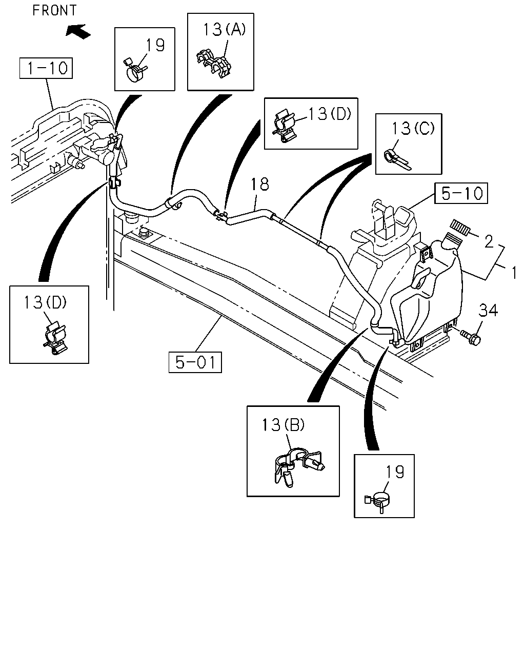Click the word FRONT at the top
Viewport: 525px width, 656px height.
(54, 11)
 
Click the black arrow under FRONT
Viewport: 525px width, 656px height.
(78, 32)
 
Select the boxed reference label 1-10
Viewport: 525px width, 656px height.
(46, 68)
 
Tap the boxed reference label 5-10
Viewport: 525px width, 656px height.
(461, 193)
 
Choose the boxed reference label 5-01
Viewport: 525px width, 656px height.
(195, 362)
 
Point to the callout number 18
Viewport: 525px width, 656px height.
(259, 184)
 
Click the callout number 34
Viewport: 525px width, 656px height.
(488, 311)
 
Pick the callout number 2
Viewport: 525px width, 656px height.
(489, 241)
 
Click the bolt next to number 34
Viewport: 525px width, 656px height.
(470, 338)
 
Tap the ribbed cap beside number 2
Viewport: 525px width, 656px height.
(460, 228)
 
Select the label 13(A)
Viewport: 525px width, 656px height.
(224, 30)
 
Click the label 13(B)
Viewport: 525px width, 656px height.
(283, 425)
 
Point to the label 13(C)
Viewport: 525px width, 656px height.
(413, 128)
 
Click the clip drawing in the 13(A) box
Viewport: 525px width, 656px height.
(214, 65)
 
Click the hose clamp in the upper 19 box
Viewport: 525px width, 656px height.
(135, 71)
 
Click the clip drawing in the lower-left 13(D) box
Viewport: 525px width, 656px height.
(55, 338)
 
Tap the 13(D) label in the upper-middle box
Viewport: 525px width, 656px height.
(330, 114)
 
